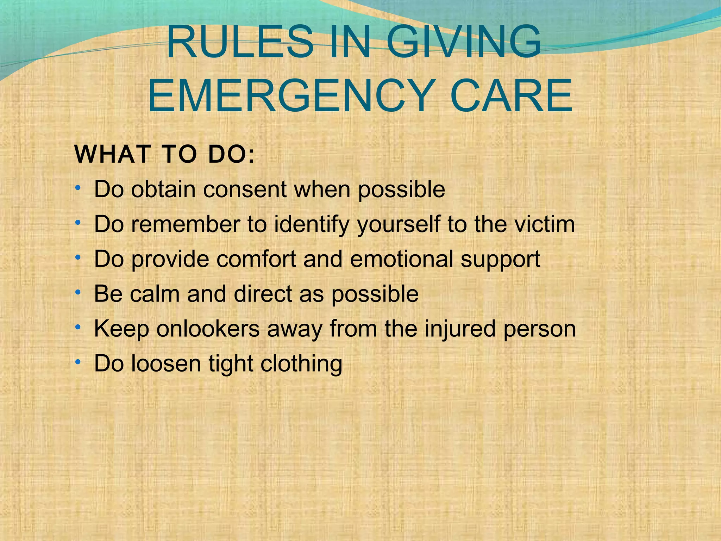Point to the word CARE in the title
point(511,96)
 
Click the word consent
point(245,189)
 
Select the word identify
point(311,225)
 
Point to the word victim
point(544,224)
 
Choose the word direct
point(263,294)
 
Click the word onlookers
point(208,329)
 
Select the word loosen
point(166,363)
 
